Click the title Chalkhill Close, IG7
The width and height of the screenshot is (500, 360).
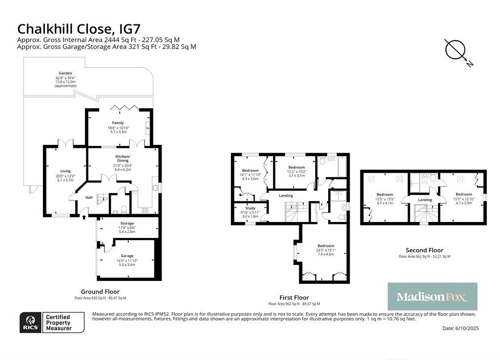(x=79, y=29)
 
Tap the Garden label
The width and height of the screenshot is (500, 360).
(x=65, y=73)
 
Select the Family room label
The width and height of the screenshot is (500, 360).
(x=118, y=123)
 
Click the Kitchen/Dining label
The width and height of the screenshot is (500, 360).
(x=123, y=159)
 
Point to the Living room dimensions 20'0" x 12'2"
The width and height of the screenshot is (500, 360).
(x=65, y=176)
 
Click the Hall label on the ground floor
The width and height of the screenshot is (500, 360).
(x=89, y=198)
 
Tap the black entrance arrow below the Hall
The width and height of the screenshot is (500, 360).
(x=84, y=217)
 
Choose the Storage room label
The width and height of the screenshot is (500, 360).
(x=127, y=223)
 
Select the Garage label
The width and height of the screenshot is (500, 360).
(x=127, y=256)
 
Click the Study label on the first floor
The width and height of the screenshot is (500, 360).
(x=250, y=208)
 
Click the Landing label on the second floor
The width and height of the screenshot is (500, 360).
(x=425, y=200)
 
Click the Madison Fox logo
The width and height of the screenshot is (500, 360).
(x=433, y=297)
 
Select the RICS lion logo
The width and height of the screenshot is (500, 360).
(x=31, y=323)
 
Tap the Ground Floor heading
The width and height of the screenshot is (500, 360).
(x=100, y=292)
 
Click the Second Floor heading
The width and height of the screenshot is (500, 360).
(x=424, y=250)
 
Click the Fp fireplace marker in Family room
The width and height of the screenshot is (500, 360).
(x=147, y=128)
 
